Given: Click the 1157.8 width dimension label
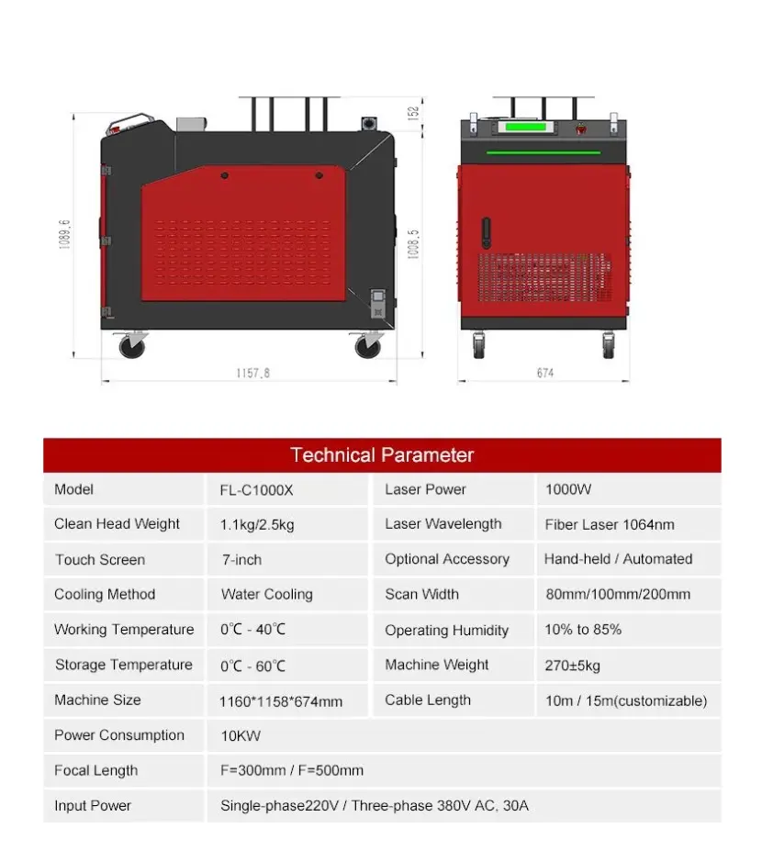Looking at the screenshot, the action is point(252,374).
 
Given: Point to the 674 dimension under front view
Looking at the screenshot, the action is point(545,374).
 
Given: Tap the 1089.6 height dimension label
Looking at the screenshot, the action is point(65,234).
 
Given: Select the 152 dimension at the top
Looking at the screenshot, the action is point(413,113).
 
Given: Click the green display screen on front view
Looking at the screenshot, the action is point(525,127).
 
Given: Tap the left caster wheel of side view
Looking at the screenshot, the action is point(132,346).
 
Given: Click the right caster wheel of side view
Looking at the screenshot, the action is point(368,346).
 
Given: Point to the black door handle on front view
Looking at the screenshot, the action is point(486,233).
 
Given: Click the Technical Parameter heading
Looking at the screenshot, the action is point(382,455).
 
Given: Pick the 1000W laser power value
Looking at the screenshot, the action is point(568,489).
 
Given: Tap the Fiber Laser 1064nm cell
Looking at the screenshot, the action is point(610,524).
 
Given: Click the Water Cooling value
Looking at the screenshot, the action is point(266,594).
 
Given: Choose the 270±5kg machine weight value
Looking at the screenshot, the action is point(572,666).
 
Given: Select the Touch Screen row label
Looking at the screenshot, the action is point(100,560).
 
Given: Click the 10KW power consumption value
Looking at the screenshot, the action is point(241,735).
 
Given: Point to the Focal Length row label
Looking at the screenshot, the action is point(96,771).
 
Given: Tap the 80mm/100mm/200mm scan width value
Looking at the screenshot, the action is point(618,594).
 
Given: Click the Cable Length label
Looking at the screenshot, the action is point(428,700).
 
